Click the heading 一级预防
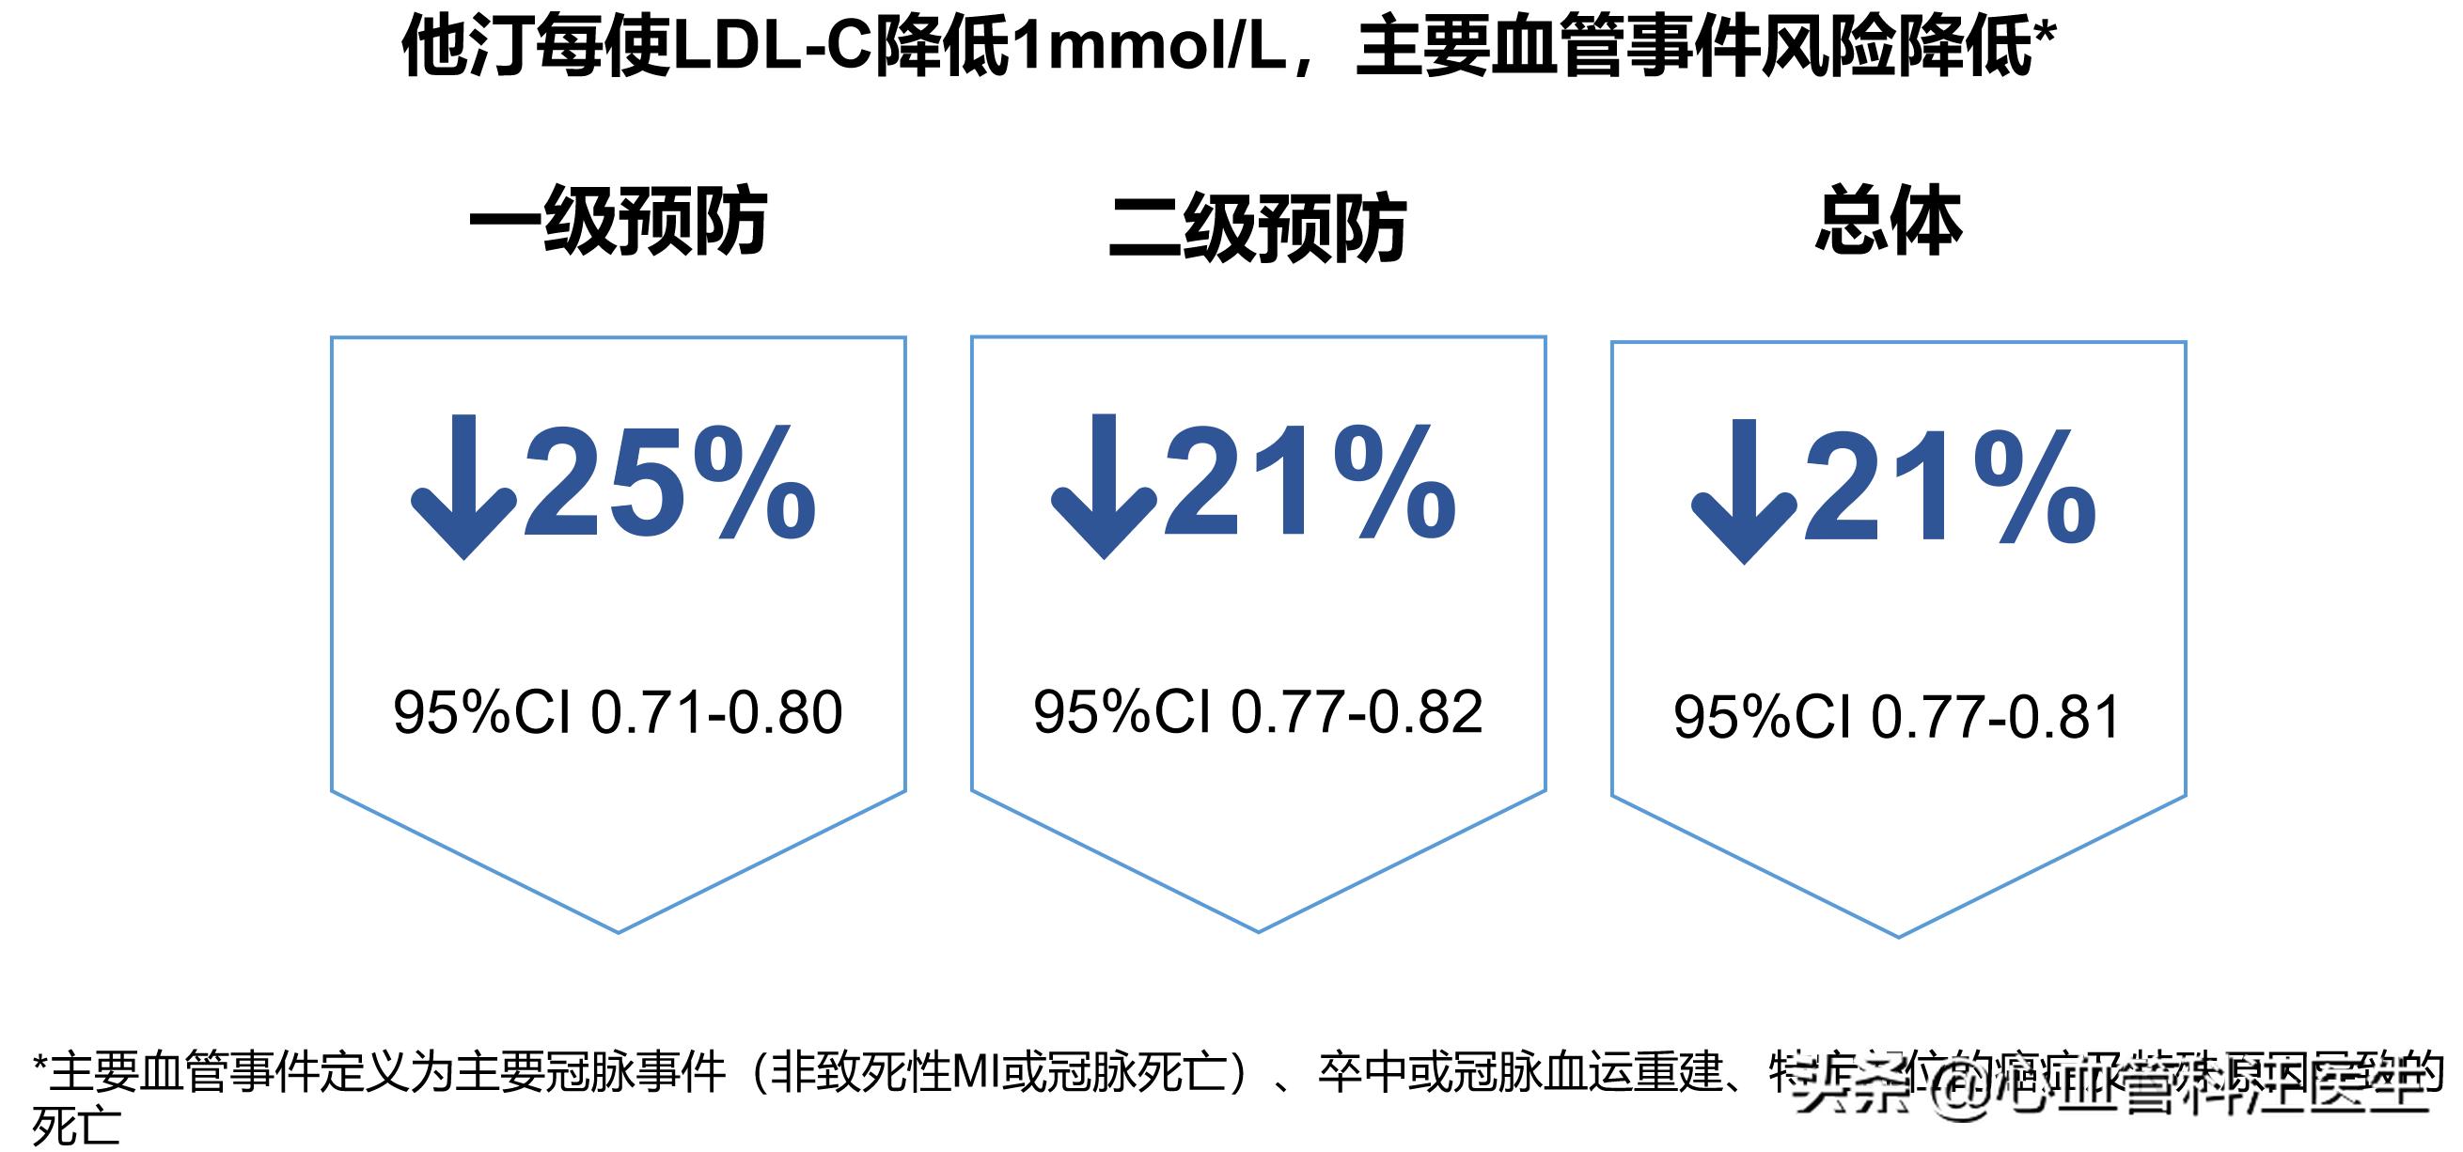coord(618,222)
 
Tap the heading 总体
coord(1889,221)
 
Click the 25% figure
coord(669,483)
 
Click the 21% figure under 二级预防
coord(1310,483)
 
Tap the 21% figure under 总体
coord(1951,488)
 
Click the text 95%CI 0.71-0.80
coord(618,712)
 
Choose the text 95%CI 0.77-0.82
coord(1257,711)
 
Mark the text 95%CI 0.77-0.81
coord(1897,717)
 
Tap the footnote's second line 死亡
coord(76,1126)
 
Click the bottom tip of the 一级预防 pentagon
coord(619,930)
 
